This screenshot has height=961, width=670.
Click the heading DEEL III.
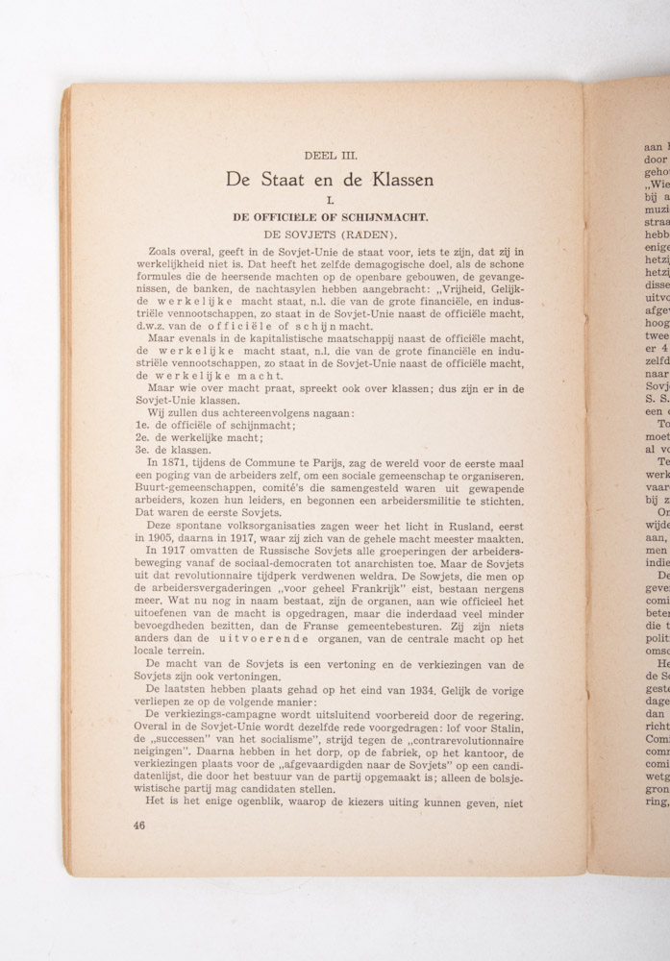click(330, 154)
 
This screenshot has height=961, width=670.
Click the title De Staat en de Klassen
click(330, 180)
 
